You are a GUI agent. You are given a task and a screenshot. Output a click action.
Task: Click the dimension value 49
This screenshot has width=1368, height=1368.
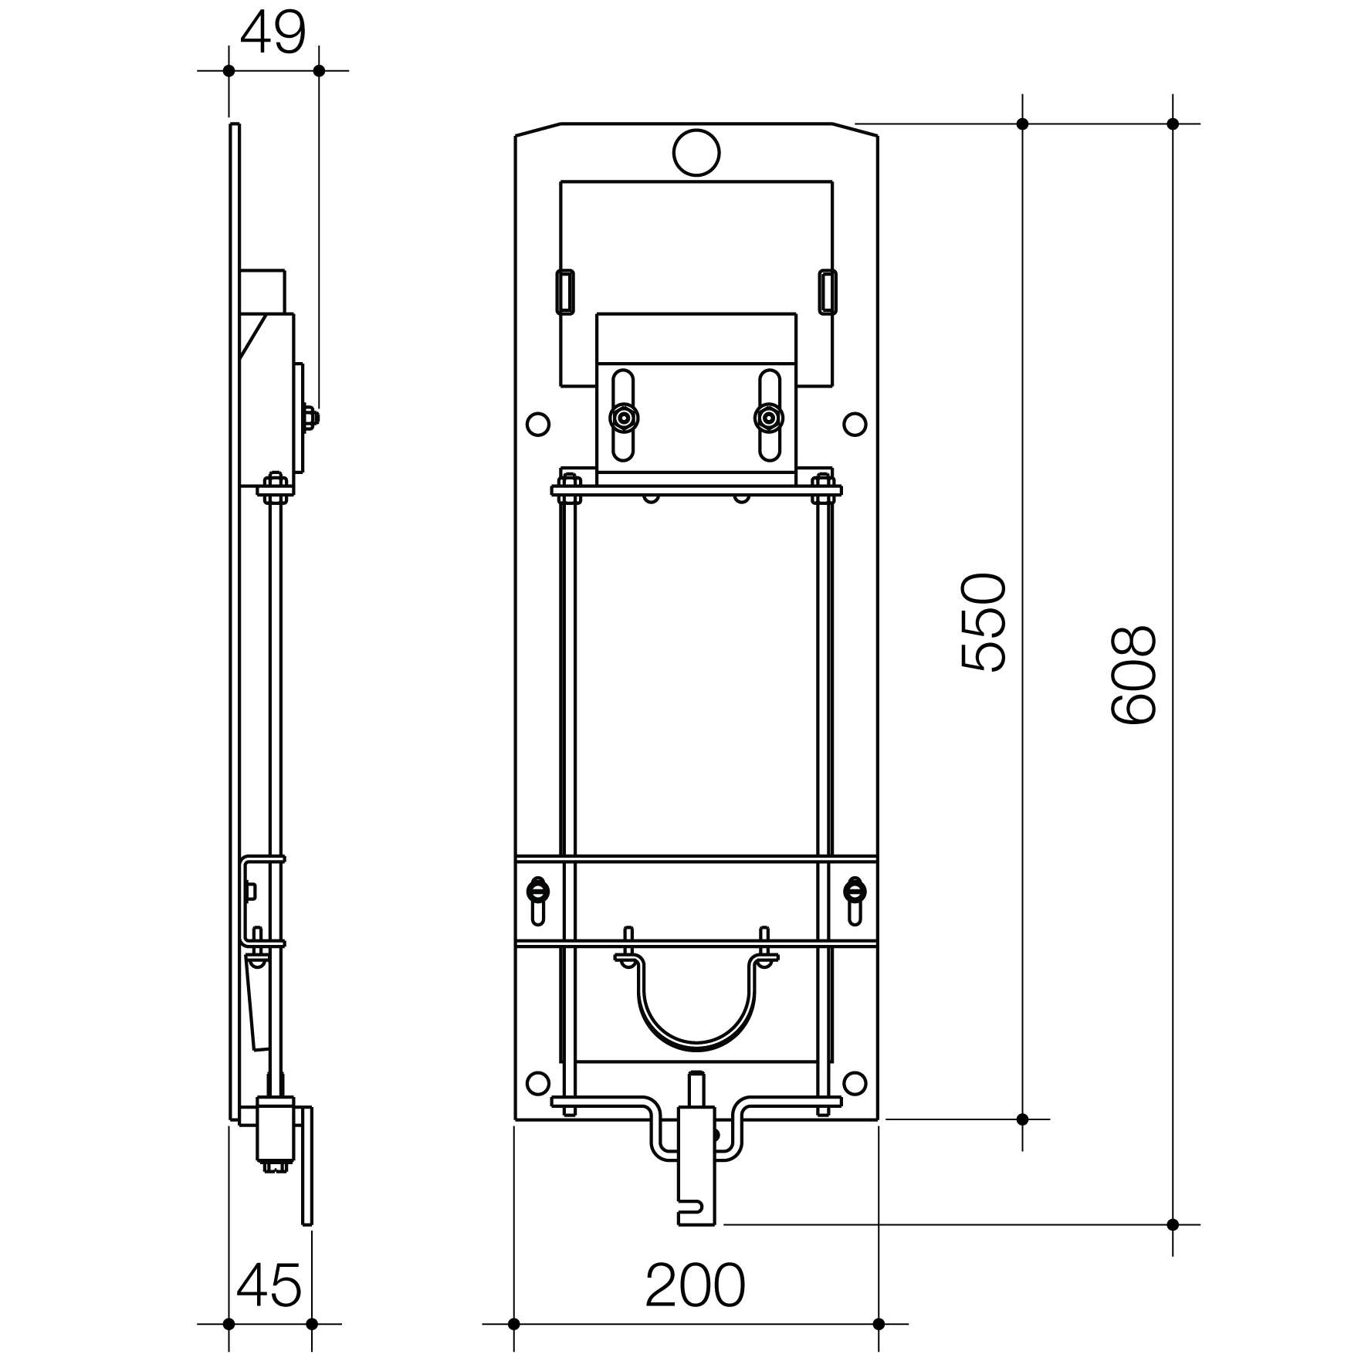(x=273, y=33)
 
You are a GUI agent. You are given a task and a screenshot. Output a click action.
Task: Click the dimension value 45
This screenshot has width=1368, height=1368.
(x=269, y=1286)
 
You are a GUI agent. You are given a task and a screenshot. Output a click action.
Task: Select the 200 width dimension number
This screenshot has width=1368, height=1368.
(x=695, y=1286)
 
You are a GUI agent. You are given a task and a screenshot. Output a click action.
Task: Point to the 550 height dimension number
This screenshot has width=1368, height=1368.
(x=984, y=622)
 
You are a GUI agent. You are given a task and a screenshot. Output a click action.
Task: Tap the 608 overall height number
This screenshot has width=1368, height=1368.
(x=1133, y=675)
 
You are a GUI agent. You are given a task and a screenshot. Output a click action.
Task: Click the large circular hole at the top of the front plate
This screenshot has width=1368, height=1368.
(x=696, y=152)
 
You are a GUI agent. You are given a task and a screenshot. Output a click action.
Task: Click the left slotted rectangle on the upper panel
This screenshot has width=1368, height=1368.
(x=565, y=291)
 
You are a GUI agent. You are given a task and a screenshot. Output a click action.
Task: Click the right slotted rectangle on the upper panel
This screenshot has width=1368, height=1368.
(x=827, y=291)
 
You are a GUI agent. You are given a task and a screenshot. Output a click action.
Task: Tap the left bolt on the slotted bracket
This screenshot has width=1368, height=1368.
(x=622, y=418)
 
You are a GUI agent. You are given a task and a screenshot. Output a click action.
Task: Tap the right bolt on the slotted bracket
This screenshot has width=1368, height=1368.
(x=768, y=418)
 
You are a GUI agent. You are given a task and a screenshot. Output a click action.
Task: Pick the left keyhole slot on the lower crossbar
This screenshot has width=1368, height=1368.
(x=538, y=899)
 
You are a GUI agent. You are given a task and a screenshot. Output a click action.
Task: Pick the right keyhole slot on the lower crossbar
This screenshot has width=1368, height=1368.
(x=854, y=899)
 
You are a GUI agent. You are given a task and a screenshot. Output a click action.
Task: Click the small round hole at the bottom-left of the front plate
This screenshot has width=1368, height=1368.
(x=537, y=1083)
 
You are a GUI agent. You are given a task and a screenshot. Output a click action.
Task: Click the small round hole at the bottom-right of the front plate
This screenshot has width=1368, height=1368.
(x=854, y=1083)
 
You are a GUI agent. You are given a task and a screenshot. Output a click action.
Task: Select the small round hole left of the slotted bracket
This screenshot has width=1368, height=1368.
(x=537, y=424)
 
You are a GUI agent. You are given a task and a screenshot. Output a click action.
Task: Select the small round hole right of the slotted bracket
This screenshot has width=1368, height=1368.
(x=854, y=424)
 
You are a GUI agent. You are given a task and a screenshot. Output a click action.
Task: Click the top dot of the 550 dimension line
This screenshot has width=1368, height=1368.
(x=1023, y=124)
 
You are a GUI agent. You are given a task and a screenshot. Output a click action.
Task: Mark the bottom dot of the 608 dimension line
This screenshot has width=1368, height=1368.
(x=1173, y=1224)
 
